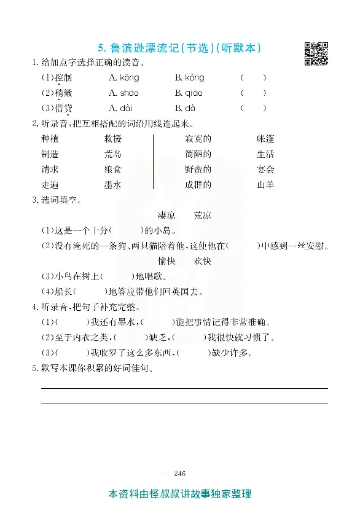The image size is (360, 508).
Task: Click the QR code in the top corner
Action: [316, 53]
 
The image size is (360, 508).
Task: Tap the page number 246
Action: [179, 473]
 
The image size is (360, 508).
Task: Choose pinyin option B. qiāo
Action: [189, 93]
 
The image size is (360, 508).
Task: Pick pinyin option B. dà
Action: [185, 108]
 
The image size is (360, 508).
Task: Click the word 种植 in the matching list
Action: [50, 139]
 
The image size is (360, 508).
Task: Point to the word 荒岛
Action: [113, 154]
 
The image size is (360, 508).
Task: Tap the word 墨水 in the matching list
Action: [113, 184]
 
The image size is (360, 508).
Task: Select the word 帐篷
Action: [265, 139]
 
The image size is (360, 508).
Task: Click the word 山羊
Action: [265, 184]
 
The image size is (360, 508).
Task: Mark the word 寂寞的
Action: [198, 139]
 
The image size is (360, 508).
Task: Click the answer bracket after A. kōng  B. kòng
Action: [253, 77]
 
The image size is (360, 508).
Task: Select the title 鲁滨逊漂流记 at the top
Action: [145, 48]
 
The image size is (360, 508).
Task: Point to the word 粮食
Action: [113, 170]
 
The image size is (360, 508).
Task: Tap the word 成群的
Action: [198, 184]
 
